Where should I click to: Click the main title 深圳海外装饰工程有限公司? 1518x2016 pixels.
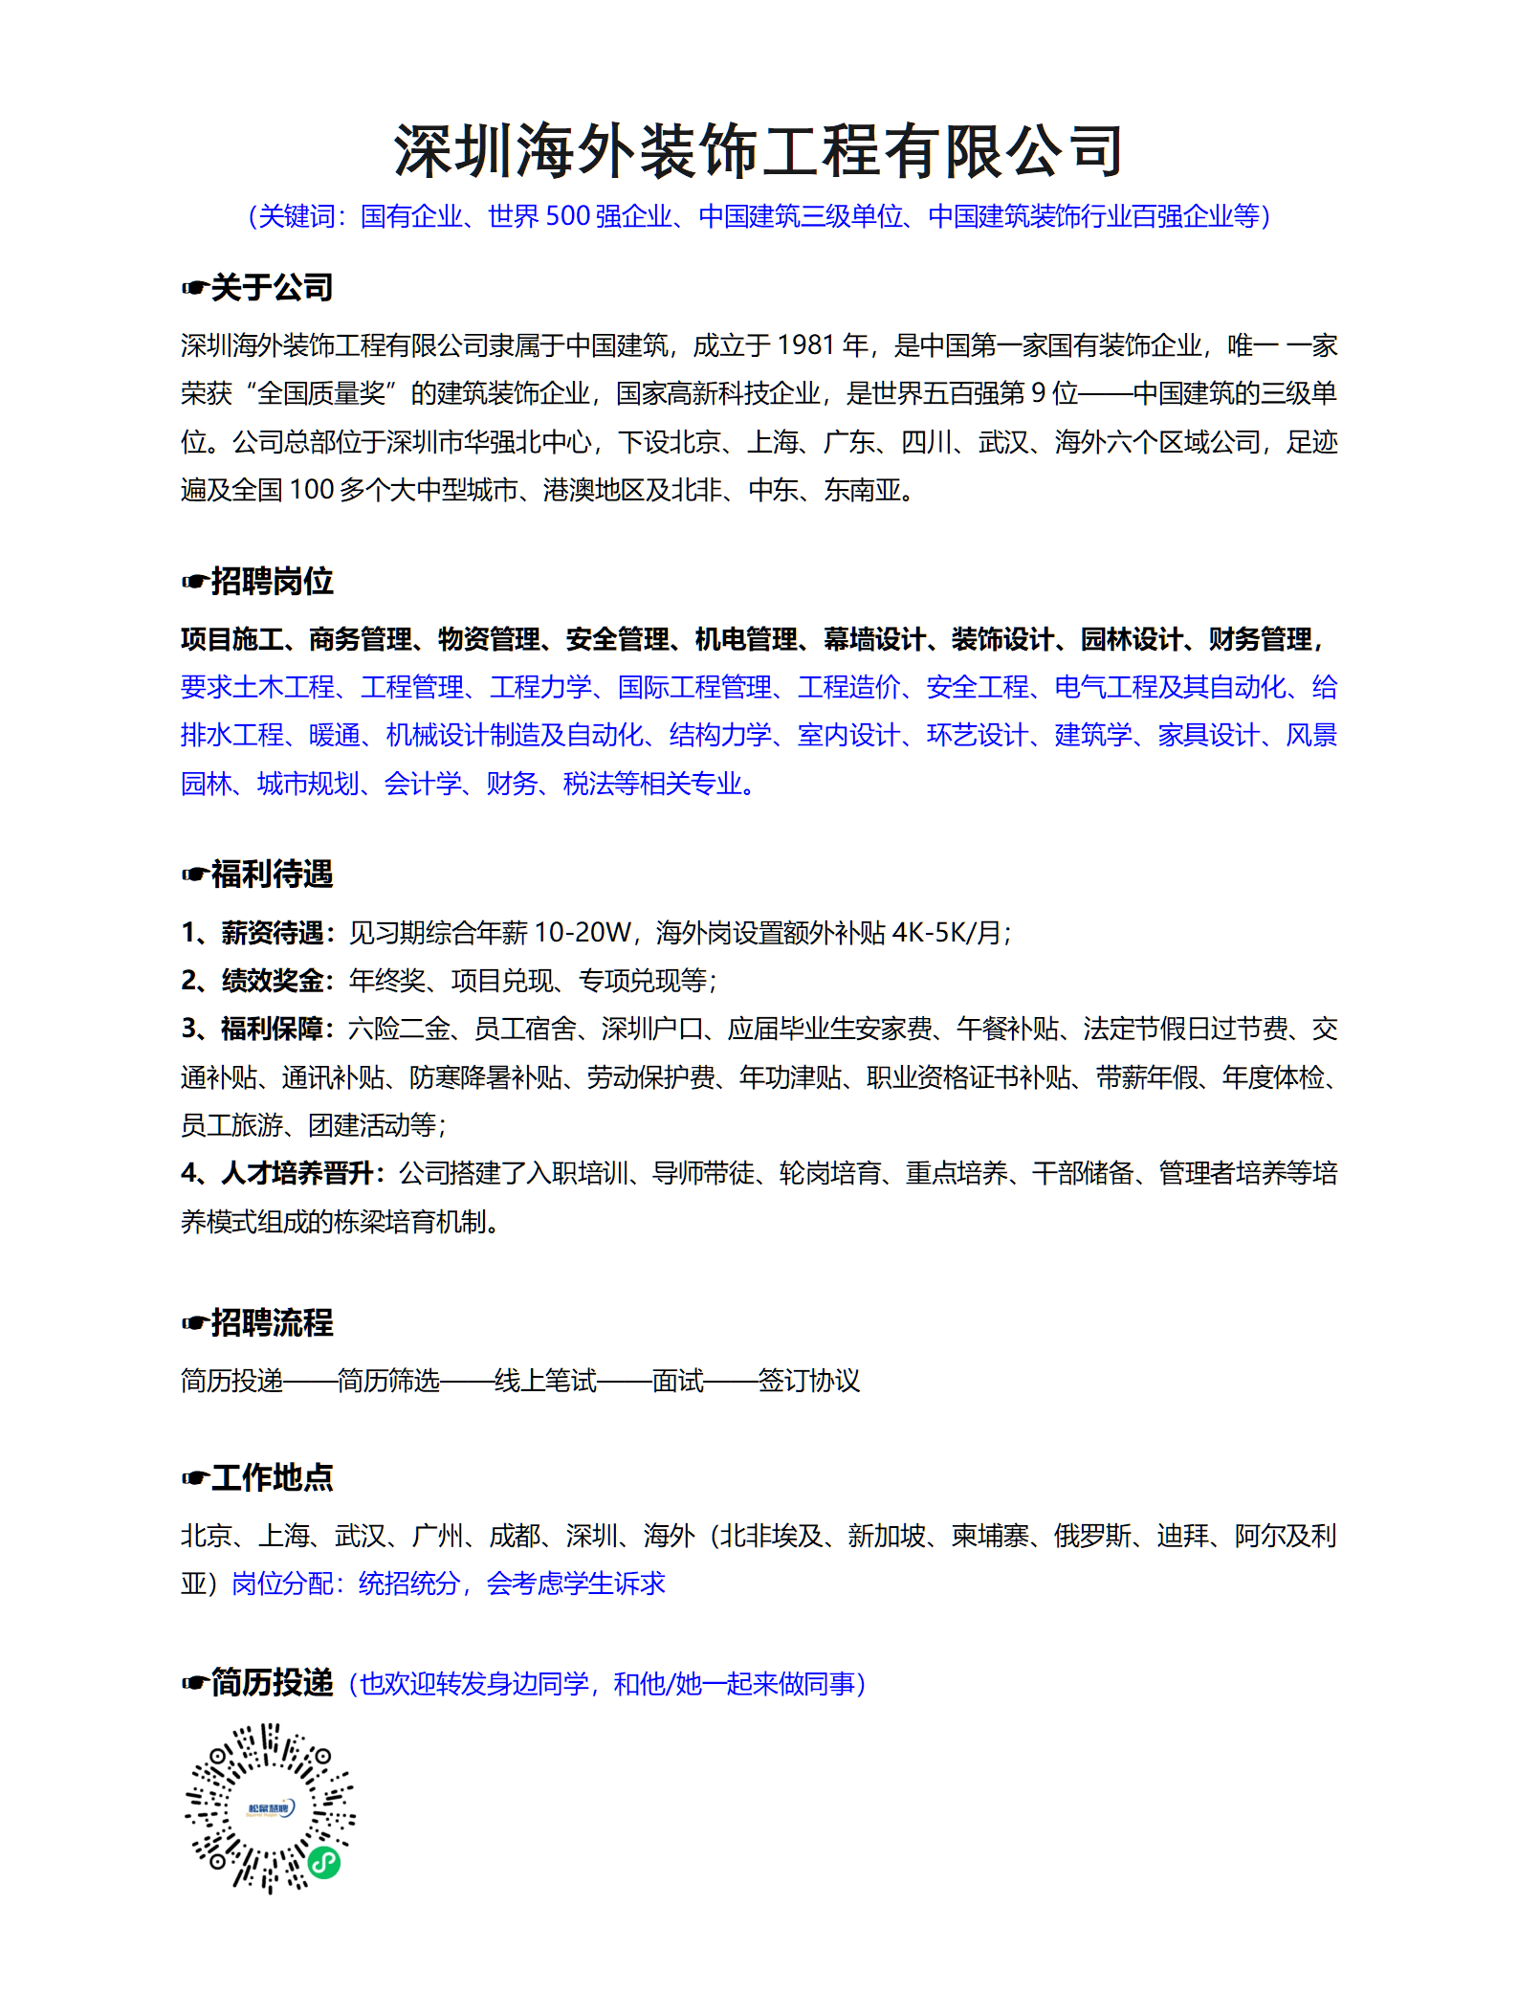pyautogui.click(x=759, y=151)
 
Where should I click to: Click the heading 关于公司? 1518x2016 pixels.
pyautogui.click(x=272, y=287)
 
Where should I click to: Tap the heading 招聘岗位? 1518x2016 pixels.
pyautogui.click(x=272, y=581)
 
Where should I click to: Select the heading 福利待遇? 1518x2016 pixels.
pyautogui.click(x=272, y=874)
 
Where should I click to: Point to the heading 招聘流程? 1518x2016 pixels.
pyautogui.click(x=272, y=1322)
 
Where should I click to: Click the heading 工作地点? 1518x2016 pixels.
pyautogui.click(x=272, y=1477)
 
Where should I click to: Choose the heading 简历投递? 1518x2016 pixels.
pyautogui.click(x=272, y=1682)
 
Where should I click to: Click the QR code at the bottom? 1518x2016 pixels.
pyautogui.click(x=270, y=1808)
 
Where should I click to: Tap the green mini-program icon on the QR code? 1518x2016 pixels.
pyautogui.click(x=324, y=1862)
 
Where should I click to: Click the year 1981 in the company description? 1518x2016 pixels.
pyautogui.click(x=805, y=345)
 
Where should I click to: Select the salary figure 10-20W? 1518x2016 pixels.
pyautogui.click(x=583, y=932)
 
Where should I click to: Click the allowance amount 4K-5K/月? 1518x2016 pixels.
pyautogui.click(x=946, y=932)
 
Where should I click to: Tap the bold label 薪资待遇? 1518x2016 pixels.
pyautogui.click(x=273, y=932)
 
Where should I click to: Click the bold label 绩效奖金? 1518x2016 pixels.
pyautogui.click(x=273, y=980)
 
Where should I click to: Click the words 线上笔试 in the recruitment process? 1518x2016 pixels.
pyautogui.click(x=545, y=1381)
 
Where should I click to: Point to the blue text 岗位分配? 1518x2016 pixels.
pyautogui.click(x=282, y=1584)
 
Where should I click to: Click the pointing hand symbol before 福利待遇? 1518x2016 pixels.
pyautogui.click(x=194, y=875)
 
